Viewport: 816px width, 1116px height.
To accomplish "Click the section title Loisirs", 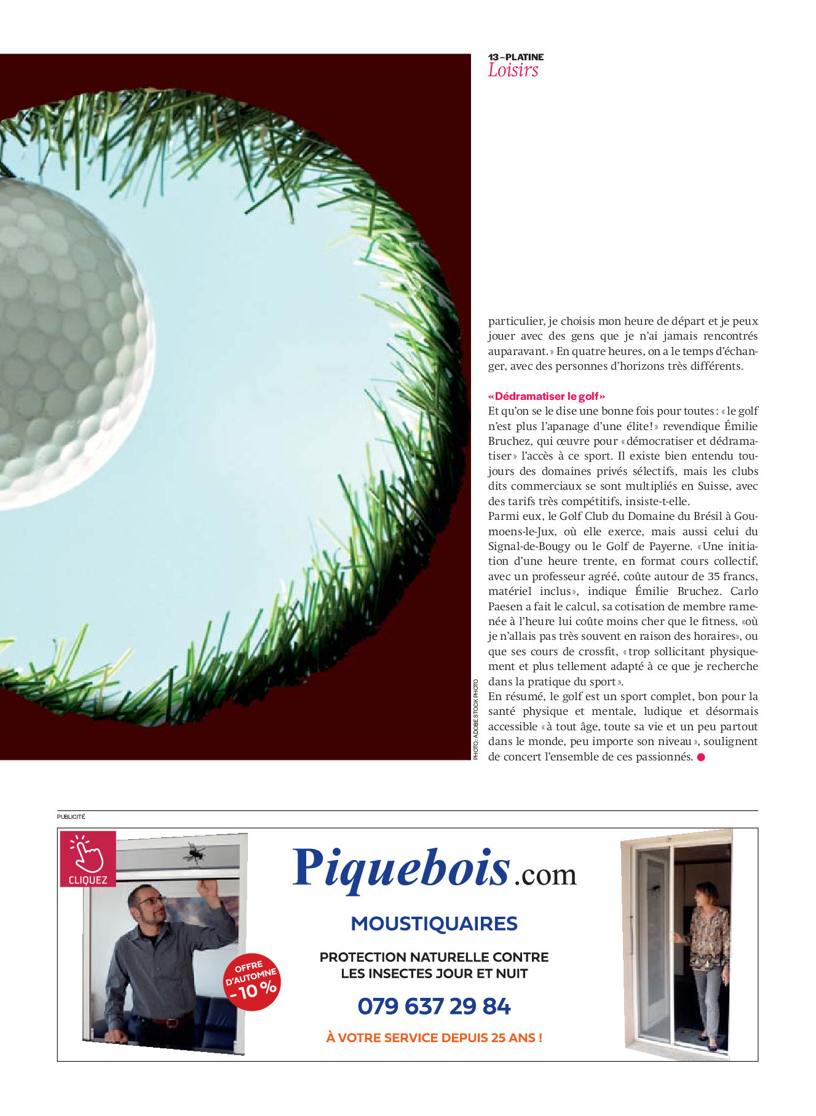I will click(513, 71).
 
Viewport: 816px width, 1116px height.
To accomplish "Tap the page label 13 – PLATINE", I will click(516, 57).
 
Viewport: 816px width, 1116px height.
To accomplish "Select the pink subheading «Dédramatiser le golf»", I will click(547, 396).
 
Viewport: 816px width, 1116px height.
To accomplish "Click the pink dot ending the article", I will click(701, 757).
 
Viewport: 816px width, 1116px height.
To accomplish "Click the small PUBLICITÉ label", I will click(71, 817).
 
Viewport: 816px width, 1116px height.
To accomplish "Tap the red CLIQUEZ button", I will click(88, 859).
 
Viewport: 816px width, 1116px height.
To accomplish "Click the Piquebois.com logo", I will click(434, 869).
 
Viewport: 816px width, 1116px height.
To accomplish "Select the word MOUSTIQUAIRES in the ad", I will click(434, 923).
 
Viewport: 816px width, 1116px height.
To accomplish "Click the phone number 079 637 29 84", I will click(434, 1006).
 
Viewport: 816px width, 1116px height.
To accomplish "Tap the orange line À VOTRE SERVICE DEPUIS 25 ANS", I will click(434, 1038).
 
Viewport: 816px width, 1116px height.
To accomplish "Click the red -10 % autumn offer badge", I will click(252, 982).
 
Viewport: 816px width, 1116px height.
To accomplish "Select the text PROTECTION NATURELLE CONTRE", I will click(434, 957).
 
